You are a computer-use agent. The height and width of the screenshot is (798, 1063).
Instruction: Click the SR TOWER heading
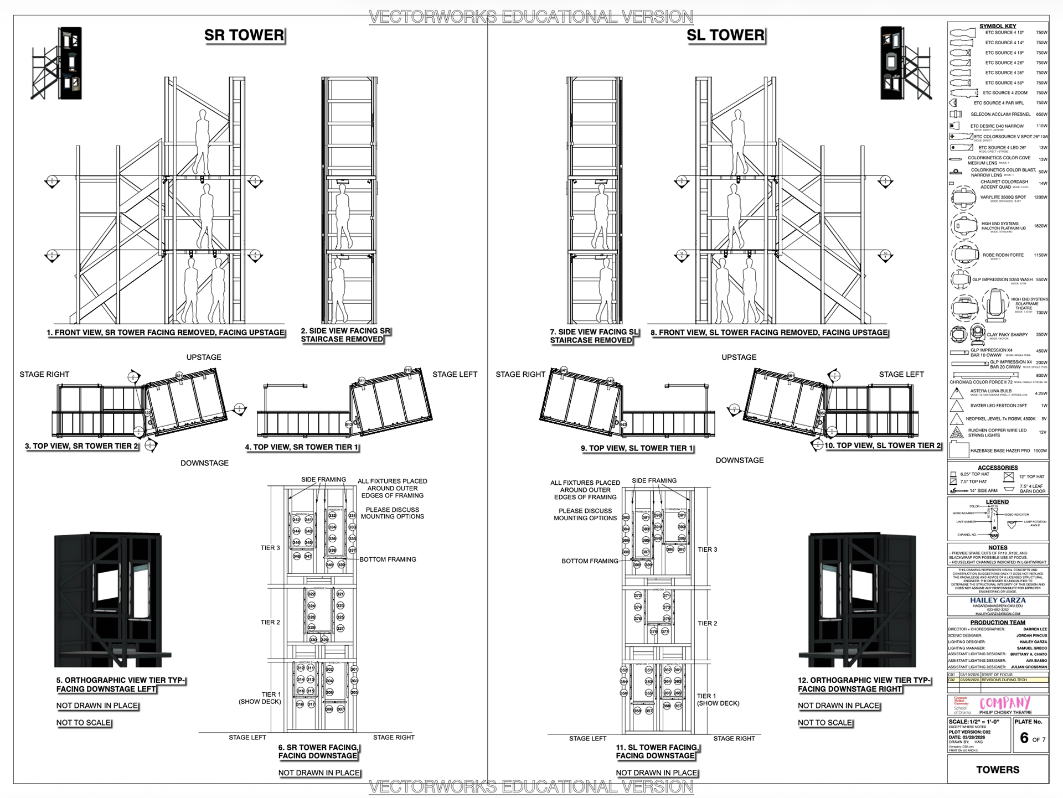pyautogui.click(x=244, y=35)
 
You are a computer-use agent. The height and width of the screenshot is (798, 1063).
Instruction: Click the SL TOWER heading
pyautogui.click(x=725, y=35)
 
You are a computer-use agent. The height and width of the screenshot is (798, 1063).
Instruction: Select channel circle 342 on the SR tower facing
pyautogui.click(x=296, y=520)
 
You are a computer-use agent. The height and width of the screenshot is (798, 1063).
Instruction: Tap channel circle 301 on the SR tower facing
pyautogui.click(x=354, y=669)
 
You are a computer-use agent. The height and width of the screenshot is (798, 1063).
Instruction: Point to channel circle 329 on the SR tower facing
pyautogui.click(x=325, y=639)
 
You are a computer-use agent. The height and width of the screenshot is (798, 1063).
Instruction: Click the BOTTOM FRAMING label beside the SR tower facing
pyautogui.click(x=388, y=559)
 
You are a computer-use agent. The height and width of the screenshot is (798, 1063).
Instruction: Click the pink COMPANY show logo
pyautogui.click(x=1005, y=703)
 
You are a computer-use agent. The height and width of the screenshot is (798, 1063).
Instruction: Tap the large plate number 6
pyautogui.click(x=1024, y=738)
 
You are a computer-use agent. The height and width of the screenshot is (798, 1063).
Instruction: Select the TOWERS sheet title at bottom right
pyautogui.click(x=998, y=770)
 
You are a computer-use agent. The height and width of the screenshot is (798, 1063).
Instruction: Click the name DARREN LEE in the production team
pyautogui.click(x=1035, y=629)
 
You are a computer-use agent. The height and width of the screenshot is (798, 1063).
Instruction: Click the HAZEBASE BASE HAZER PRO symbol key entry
pyautogui.click(x=1000, y=450)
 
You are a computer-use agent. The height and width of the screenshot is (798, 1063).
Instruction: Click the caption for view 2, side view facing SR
pyautogui.click(x=345, y=335)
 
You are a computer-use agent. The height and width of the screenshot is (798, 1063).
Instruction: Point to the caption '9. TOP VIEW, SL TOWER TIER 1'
pyautogui.click(x=637, y=448)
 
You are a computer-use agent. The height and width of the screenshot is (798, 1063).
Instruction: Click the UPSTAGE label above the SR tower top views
pyautogui.click(x=204, y=357)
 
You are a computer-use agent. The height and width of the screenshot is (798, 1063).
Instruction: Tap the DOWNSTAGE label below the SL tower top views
pyautogui.click(x=739, y=460)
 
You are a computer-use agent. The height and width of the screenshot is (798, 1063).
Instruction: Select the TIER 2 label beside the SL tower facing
pyautogui.click(x=707, y=623)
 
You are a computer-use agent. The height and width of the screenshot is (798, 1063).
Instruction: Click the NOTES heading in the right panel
pyautogui.click(x=998, y=547)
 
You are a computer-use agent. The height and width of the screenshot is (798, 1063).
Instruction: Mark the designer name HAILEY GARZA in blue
pyautogui.click(x=998, y=600)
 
